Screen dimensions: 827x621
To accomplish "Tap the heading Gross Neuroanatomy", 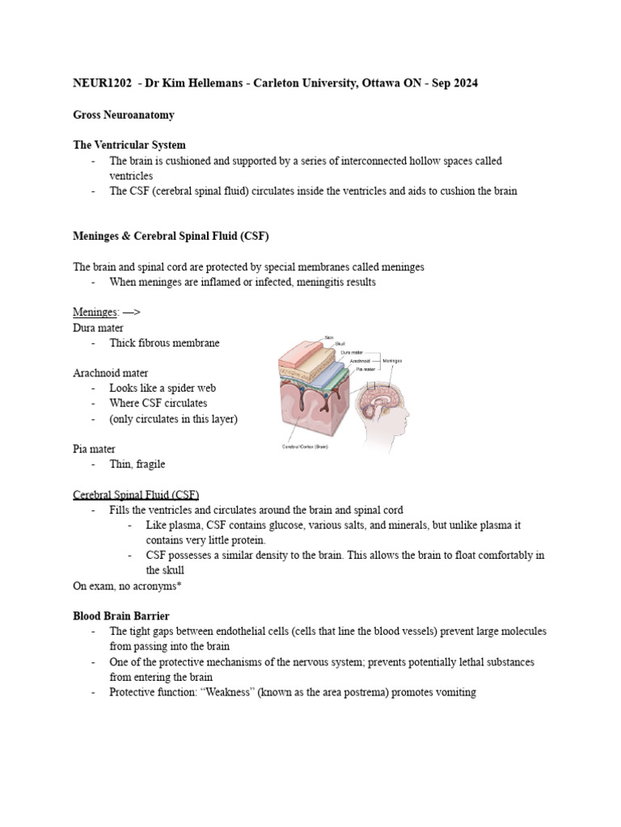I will (x=124, y=115).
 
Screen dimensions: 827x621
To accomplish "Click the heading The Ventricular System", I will (x=129, y=145).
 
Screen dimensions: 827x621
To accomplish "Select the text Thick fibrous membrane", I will (x=164, y=342).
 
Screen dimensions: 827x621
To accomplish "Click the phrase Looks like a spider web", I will (x=163, y=388).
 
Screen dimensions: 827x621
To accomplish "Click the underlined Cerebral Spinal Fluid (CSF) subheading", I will (x=136, y=494).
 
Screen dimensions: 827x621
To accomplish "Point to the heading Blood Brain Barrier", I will (x=121, y=616).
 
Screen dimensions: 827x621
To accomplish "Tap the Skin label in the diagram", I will (x=329, y=336).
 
